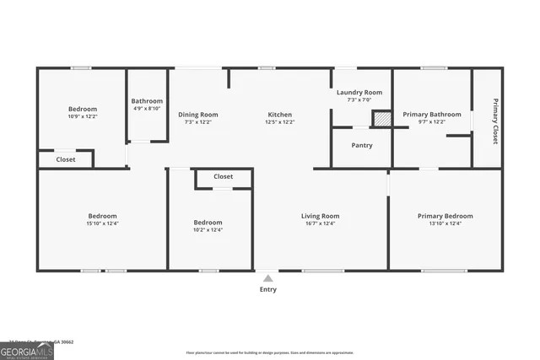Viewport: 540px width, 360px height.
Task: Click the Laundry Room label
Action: point(359,92)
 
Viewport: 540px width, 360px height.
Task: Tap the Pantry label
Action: point(362,145)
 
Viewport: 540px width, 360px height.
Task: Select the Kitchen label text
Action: point(280,115)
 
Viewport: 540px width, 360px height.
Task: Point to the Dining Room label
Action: point(197,115)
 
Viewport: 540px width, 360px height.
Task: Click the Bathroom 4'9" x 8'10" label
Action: point(147,100)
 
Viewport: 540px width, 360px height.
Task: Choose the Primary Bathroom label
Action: point(432,115)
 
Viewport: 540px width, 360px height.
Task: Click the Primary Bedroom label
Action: point(445,217)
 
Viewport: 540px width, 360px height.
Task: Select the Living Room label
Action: point(321,217)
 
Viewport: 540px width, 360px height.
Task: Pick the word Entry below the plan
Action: point(267,289)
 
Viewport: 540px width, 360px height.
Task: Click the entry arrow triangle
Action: point(267,277)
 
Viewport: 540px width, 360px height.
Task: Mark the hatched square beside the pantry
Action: point(383,119)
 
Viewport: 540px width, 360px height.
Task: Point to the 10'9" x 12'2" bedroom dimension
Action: point(83,116)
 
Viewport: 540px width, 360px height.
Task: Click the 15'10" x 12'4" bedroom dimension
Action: point(102,223)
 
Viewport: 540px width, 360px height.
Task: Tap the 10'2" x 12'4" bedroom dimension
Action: point(208,230)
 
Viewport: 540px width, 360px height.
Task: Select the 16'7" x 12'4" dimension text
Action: point(321,223)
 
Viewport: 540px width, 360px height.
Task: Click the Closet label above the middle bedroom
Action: point(224,177)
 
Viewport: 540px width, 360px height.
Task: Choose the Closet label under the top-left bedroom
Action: point(66,159)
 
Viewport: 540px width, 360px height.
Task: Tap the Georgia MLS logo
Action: point(26,351)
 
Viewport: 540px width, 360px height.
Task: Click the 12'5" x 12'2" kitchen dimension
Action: point(280,122)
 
